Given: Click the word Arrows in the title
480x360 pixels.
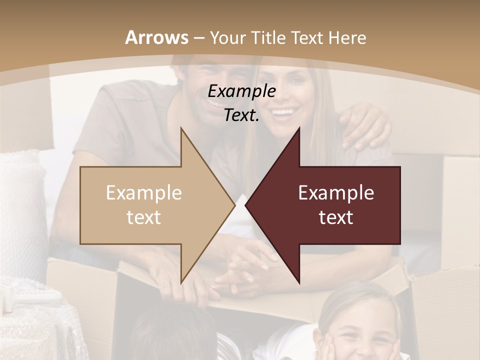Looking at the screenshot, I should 157,37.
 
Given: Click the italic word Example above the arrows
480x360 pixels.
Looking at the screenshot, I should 242,91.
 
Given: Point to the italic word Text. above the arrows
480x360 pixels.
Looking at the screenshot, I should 241,115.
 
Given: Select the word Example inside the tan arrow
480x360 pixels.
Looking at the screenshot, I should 144,193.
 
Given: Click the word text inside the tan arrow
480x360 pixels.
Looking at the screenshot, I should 144,217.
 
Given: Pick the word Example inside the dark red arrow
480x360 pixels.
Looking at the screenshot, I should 336,193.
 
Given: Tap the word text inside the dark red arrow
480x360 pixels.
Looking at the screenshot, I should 336,217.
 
